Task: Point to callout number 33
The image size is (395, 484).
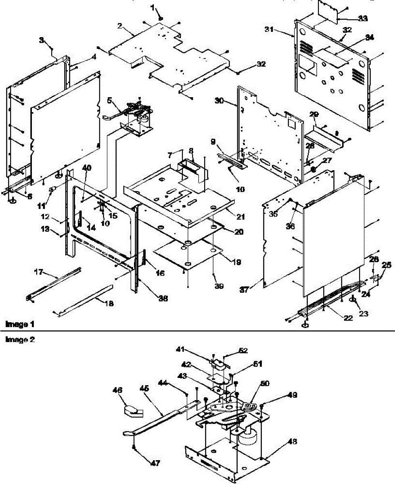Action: (363, 18)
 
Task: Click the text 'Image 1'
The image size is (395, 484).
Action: (17, 324)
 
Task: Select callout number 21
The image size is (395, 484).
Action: (241, 217)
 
